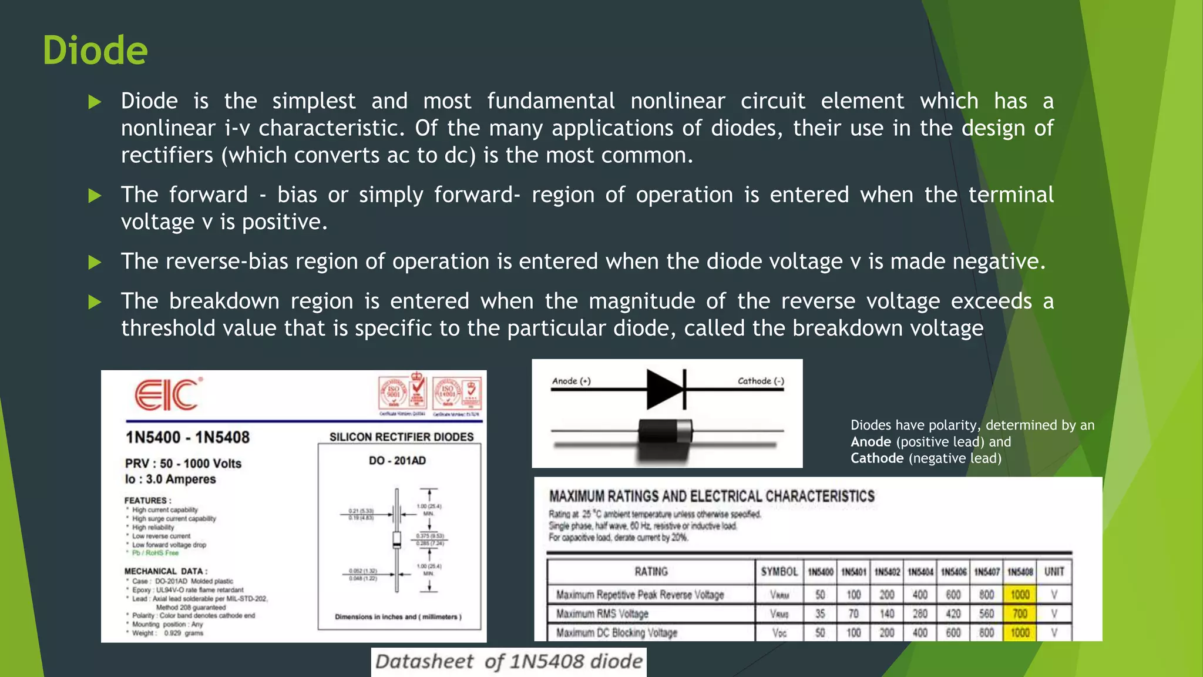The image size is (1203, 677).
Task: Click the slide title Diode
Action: pyautogui.click(x=95, y=51)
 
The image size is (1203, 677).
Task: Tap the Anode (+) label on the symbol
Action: pyautogui.click(x=571, y=381)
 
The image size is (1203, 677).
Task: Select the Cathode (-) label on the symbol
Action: pyautogui.click(x=761, y=381)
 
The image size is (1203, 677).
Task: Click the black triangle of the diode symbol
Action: pyautogui.click(x=664, y=389)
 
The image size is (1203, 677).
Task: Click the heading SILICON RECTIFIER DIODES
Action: pyautogui.click(x=401, y=437)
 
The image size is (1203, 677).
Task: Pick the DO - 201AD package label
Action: pyautogui.click(x=397, y=461)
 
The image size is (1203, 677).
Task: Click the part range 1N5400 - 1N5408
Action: pyautogui.click(x=187, y=437)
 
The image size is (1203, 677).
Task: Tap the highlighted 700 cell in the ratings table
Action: pyautogui.click(x=1020, y=614)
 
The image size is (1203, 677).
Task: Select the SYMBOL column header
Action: pyautogui.click(x=779, y=572)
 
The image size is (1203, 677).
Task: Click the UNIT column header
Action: pyautogui.click(x=1054, y=572)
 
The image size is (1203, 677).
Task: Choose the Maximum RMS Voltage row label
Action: pyautogui.click(x=602, y=614)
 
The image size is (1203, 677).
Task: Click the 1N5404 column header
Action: pyautogui.click(x=920, y=572)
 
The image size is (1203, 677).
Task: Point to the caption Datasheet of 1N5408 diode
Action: pyautogui.click(x=509, y=662)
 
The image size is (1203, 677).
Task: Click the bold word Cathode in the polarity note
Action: pyautogui.click(x=877, y=458)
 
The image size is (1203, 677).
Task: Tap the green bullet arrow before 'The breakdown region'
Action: pyautogui.click(x=95, y=302)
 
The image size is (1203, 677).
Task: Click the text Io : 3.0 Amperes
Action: pyautogui.click(x=170, y=479)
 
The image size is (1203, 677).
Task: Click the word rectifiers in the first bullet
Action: pyautogui.click(x=167, y=155)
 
